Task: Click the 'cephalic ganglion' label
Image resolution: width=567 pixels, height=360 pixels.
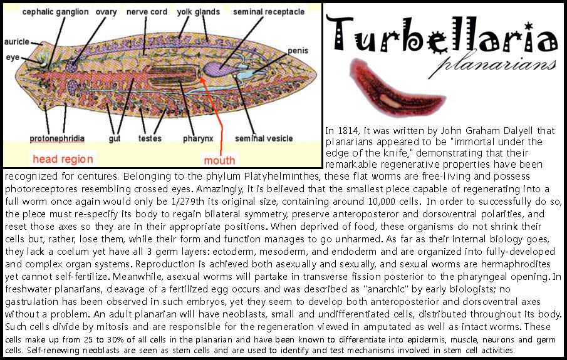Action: tap(55, 12)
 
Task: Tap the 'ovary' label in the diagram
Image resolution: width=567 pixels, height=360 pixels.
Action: tap(107, 13)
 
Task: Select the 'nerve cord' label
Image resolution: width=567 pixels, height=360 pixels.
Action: tap(147, 12)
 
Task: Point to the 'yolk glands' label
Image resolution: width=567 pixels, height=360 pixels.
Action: tap(198, 12)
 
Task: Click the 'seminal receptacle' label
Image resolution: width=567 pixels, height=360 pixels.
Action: tap(269, 12)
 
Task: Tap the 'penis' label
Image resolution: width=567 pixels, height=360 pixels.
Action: tap(298, 51)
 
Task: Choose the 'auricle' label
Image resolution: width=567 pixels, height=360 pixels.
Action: tap(17, 41)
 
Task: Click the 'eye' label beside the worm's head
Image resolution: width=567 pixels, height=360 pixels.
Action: tap(13, 58)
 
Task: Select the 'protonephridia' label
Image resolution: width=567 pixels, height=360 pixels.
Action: tap(57, 138)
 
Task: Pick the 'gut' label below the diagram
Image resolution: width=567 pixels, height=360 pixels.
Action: tap(115, 139)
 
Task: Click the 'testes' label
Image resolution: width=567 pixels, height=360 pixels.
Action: tap(150, 138)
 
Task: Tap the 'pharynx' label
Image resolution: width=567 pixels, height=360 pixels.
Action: tap(198, 139)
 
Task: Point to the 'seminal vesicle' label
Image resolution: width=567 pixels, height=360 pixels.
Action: tap(264, 138)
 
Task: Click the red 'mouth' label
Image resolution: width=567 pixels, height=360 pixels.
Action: tap(219, 160)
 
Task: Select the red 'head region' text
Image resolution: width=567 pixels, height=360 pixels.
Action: tap(63, 159)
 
